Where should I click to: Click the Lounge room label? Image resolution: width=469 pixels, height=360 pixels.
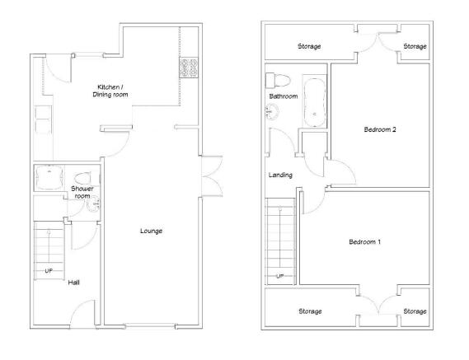pos(152,231)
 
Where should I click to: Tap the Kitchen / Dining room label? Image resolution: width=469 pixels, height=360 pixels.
pos(110,91)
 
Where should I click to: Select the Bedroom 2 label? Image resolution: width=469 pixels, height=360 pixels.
pos(380,129)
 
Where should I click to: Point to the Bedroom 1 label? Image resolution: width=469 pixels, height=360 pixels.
pos(364,241)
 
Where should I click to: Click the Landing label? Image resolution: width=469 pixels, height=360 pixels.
pos(280,175)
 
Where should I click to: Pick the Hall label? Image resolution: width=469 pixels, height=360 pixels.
pos(73,283)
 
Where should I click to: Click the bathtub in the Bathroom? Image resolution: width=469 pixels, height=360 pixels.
pos(314,102)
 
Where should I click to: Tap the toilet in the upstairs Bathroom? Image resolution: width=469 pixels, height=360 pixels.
pos(278,81)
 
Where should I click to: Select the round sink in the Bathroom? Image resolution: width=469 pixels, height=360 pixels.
pos(272,111)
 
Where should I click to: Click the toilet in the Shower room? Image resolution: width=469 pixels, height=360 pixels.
pos(84,179)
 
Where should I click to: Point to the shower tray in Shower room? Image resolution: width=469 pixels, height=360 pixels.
pos(49,177)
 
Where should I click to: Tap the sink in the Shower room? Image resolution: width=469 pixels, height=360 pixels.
pos(94,203)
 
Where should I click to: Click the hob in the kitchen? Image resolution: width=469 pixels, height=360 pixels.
pos(189,68)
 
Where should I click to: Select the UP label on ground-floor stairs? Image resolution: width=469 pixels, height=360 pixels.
pos(49,271)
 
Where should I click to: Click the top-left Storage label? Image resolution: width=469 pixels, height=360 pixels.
pos(309,46)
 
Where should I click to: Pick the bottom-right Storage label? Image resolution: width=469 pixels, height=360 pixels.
pos(415,311)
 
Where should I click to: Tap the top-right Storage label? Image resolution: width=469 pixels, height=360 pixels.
pos(415,46)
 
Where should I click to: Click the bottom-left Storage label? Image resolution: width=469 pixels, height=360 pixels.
pos(310,311)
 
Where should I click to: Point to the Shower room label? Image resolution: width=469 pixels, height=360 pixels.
pos(82,192)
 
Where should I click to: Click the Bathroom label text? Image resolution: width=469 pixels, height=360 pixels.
pos(284,96)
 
